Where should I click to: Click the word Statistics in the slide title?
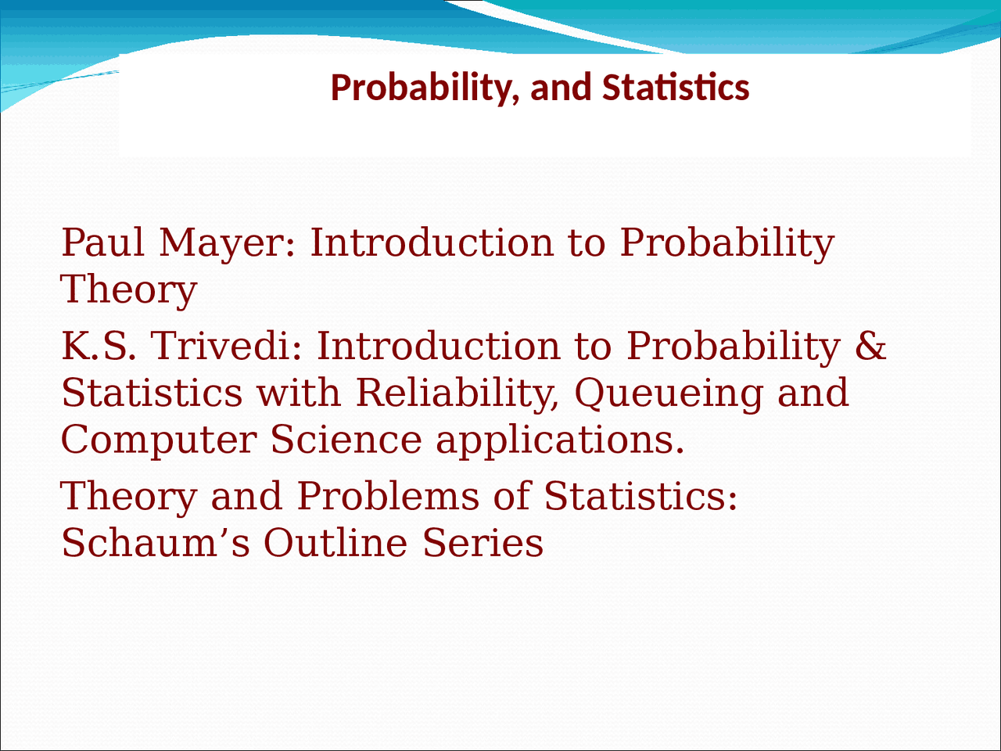pyautogui.click(x=676, y=88)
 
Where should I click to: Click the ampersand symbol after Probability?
pyautogui.click(x=870, y=346)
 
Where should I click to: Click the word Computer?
pyautogui.click(x=158, y=440)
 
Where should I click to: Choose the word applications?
pyautogui.click(x=560, y=440)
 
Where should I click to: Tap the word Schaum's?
pyautogui.click(x=156, y=543)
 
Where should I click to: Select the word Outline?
pyautogui.click(x=335, y=543)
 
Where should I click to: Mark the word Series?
pyautogui.click(x=483, y=543)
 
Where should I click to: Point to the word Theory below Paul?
pyautogui.click(x=129, y=290)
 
